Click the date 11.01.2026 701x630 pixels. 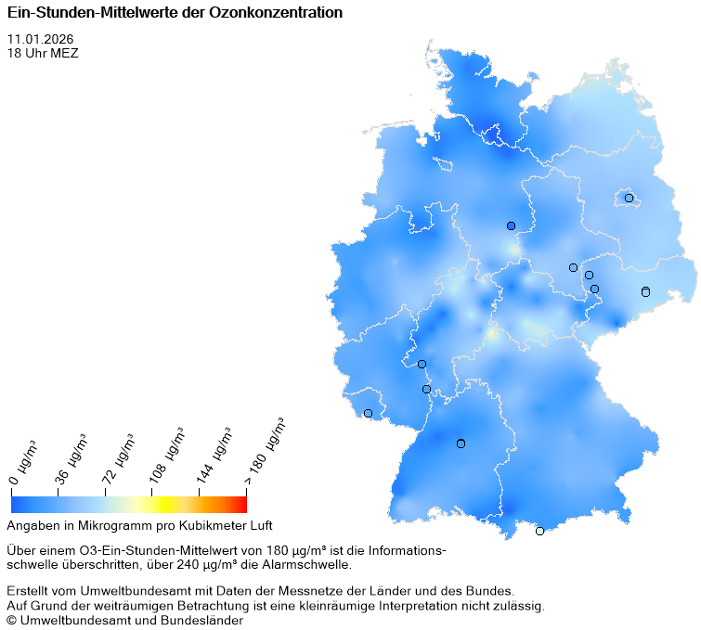(x=40, y=39)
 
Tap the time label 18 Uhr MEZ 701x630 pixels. (x=43, y=53)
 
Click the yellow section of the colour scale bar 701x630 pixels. (x=160, y=504)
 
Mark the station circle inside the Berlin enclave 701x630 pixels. (x=629, y=198)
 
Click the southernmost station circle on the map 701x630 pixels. (x=539, y=531)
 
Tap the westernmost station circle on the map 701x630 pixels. (x=368, y=413)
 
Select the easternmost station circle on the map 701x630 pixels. (x=645, y=292)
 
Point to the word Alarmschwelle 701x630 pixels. (x=310, y=564)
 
